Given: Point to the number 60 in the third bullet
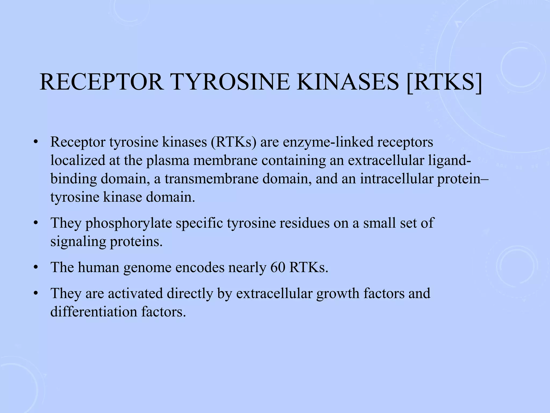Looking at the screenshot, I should pos(278,268).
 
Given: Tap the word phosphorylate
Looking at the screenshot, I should pos(129,223).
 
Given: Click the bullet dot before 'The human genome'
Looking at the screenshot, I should pos(35,268).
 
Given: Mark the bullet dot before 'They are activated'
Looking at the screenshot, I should pos(35,294).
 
